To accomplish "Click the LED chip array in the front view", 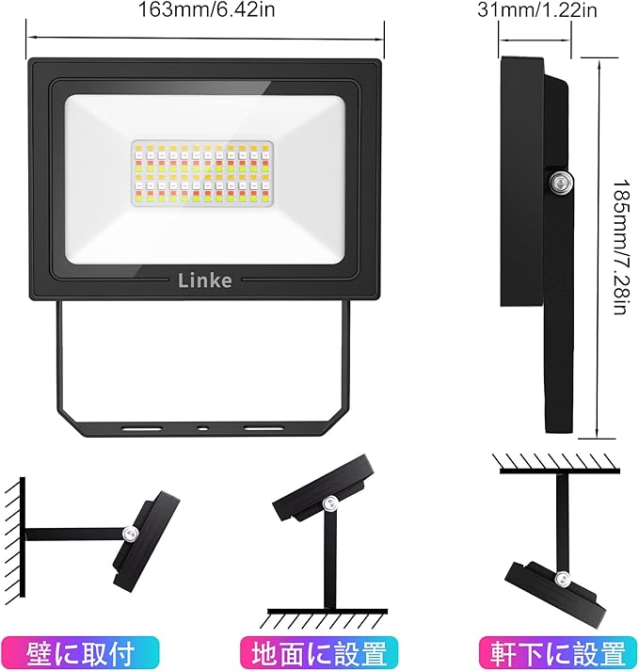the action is tap(203, 174).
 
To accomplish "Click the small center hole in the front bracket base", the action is tap(203, 428).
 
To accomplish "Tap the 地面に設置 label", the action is tap(319, 652).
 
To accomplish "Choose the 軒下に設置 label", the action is tap(558, 652).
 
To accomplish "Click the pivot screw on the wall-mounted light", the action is tap(130, 535).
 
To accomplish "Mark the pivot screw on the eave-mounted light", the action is tap(562, 579).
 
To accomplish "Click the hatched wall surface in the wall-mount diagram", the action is tap(14, 536).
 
